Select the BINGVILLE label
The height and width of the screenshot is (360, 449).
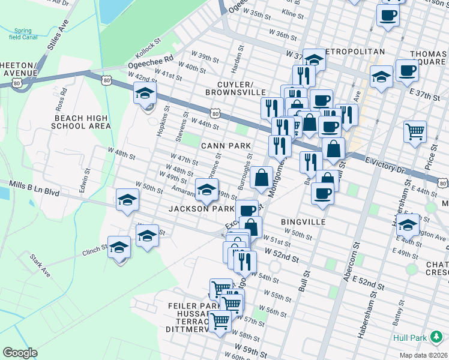point(303,222)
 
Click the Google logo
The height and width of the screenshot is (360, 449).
point(20,353)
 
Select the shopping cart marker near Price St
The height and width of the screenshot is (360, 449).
point(415,131)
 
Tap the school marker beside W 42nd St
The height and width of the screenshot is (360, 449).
point(145,94)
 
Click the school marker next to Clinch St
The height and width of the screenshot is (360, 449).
point(119,248)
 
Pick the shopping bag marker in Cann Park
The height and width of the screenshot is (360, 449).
point(262,178)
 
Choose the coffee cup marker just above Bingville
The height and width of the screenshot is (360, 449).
point(323,194)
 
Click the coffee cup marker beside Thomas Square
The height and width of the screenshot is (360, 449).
point(407,71)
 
